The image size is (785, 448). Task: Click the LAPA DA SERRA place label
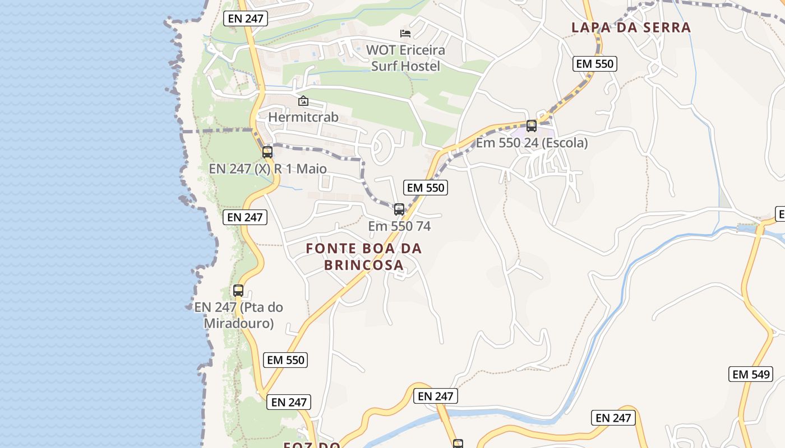[x=631, y=27]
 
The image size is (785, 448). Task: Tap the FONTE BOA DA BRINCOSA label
[x=364, y=256]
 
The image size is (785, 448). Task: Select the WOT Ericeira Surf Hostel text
[x=405, y=58]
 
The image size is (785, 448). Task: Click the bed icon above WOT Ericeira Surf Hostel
[x=405, y=34]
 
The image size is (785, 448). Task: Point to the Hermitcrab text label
[x=303, y=117]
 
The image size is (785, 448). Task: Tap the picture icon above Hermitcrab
[x=303, y=101]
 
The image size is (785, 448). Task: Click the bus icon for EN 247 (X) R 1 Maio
[x=267, y=152]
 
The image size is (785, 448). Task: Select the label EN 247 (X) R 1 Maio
[x=267, y=169]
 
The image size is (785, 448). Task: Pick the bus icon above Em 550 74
[x=399, y=209]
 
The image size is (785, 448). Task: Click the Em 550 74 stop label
[x=399, y=226]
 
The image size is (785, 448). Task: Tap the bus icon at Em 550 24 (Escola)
[x=532, y=126]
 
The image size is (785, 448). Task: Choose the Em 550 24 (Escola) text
[x=532, y=143]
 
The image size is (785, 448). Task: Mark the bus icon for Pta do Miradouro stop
[x=238, y=291]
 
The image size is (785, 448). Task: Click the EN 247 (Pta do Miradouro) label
[x=239, y=315]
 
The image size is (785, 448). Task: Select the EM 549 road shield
[x=751, y=374]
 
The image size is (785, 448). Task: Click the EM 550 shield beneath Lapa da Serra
[x=595, y=64]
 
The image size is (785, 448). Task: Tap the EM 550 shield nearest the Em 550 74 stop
[x=426, y=188]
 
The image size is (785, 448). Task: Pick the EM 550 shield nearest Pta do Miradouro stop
[x=286, y=360]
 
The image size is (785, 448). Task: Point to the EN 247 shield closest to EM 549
[x=613, y=418]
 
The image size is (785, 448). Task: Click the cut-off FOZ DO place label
[x=312, y=445]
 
